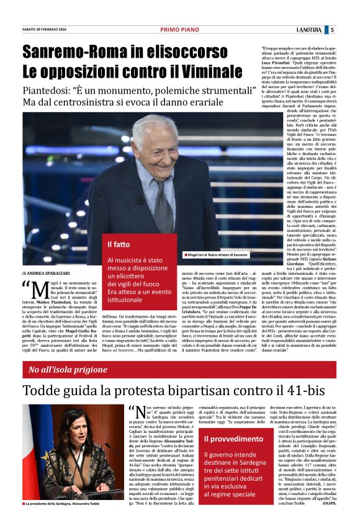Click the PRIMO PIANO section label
point(179,29)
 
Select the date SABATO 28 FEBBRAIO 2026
point(44,30)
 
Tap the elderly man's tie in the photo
point(160,205)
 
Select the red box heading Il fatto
point(118,244)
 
